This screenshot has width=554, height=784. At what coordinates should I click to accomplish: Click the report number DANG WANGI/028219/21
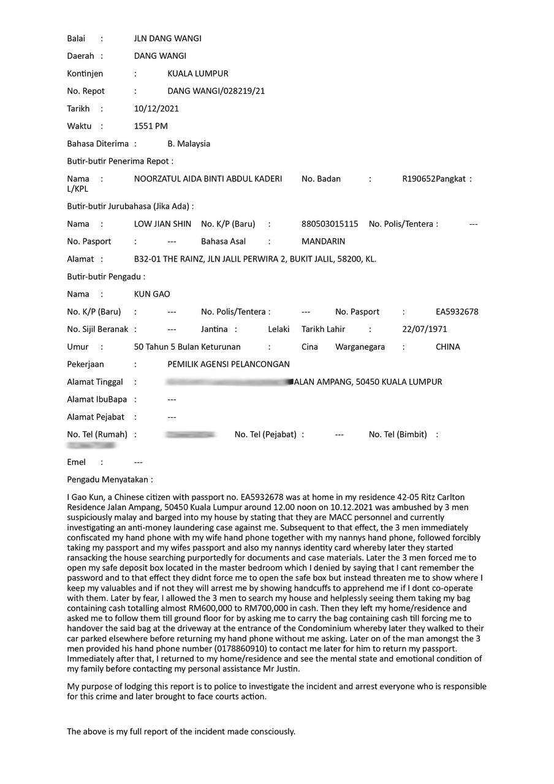pyautogui.click(x=216, y=91)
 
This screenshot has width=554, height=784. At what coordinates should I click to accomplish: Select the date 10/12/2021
pyautogui.click(x=156, y=108)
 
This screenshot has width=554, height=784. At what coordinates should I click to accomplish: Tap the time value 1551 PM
pyautogui.click(x=151, y=126)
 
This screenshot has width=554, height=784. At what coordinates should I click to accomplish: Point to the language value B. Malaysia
pyautogui.click(x=189, y=144)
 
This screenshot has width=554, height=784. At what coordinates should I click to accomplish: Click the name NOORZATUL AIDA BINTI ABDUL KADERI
pyautogui.click(x=208, y=179)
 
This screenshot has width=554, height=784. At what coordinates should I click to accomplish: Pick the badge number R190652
pyautogui.click(x=419, y=179)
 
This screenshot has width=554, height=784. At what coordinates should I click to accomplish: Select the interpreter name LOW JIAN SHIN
pyautogui.click(x=162, y=224)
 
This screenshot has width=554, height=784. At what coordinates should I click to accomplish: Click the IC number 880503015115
pyautogui.click(x=330, y=224)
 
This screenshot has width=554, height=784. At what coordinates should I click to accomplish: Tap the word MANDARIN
pyautogui.click(x=323, y=241)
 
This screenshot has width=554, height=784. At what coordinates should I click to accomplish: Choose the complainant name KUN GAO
pyautogui.click(x=152, y=294)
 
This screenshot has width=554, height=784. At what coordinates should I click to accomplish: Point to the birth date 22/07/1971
pyautogui.click(x=424, y=329)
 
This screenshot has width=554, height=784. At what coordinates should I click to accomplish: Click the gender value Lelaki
pyautogui.click(x=278, y=329)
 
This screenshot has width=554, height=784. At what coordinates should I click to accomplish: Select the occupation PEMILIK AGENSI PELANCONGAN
pyautogui.click(x=229, y=364)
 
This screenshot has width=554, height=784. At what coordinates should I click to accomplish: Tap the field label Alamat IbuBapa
pyautogui.click(x=97, y=399)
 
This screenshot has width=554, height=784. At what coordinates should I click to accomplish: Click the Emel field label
pyautogui.click(x=76, y=462)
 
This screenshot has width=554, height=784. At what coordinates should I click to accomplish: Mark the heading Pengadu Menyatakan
pyautogui.click(x=110, y=480)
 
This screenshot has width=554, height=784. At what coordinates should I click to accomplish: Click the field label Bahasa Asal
pyautogui.click(x=223, y=241)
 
